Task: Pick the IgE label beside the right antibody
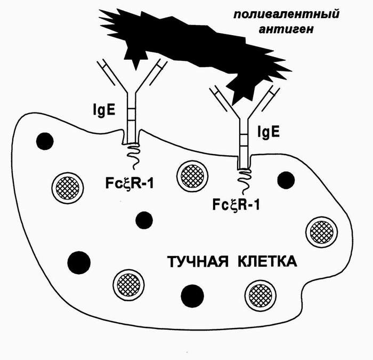point(269,131)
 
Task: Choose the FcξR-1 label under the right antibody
point(236,204)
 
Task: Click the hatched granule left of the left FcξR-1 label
point(68,187)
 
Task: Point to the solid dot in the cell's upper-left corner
point(45,141)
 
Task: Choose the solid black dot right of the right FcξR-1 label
point(287,180)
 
